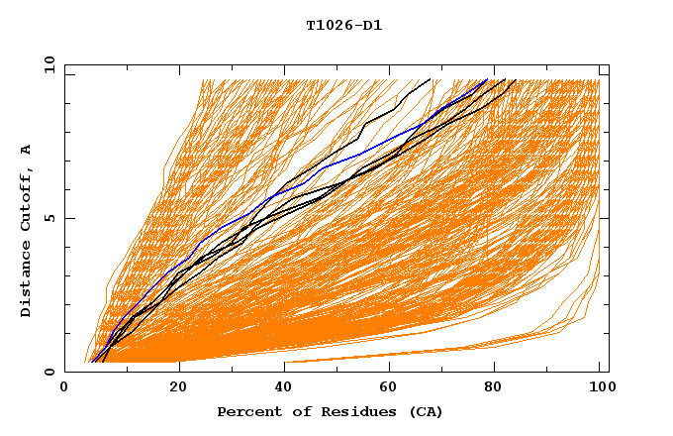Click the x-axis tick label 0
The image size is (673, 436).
click(64, 389)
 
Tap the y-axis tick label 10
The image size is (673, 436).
click(48, 64)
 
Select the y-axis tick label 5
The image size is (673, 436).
click(51, 218)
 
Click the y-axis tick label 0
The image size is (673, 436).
click(51, 372)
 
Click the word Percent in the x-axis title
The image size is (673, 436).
click(245, 411)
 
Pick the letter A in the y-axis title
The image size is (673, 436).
click(27, 150)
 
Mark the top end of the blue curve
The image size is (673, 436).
click(487, 80)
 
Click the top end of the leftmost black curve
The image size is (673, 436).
click(430, 79)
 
